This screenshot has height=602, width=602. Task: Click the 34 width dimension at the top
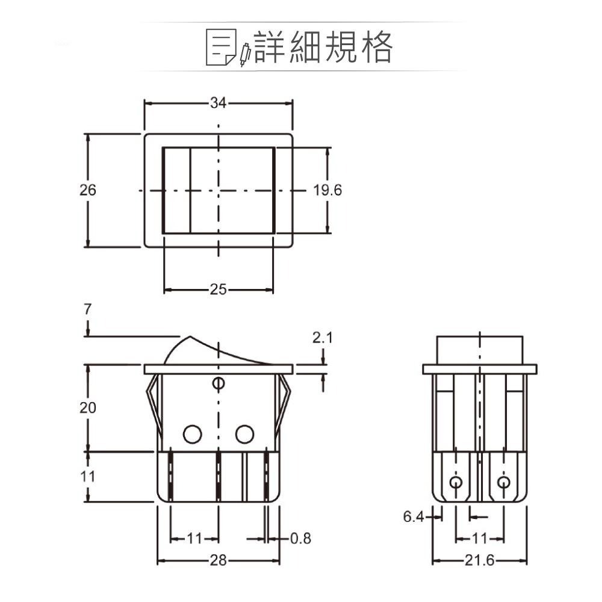[x=218, y=103]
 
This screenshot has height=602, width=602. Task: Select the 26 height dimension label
[x=88, y=190]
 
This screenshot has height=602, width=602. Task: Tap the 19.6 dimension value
[x=327, y=190]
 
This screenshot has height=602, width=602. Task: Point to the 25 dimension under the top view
[x=218, y=290]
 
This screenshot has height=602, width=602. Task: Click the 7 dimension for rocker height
[x=88, y=309]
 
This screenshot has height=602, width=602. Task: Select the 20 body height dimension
[x=88, y=408]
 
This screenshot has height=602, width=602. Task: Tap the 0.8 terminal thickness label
[x=300, y=538]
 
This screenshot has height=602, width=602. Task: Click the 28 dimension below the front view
[x=218, y=561]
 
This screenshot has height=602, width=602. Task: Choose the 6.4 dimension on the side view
[x=413, y=517]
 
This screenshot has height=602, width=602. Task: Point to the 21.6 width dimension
[x=479, y=561]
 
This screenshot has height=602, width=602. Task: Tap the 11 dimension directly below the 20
[x=88, y=476]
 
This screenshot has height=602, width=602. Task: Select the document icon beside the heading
[x=221, y=47]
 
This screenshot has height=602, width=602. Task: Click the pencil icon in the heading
[x=244, y=54]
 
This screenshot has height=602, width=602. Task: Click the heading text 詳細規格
[x=323, y=47]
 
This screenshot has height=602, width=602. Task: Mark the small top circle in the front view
[x=219, y=383]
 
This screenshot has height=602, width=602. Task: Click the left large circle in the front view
[x=192, y=433]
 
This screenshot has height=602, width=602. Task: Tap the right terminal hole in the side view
[x=503, y=482]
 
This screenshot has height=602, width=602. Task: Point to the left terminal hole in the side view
[x=456, y=482]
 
